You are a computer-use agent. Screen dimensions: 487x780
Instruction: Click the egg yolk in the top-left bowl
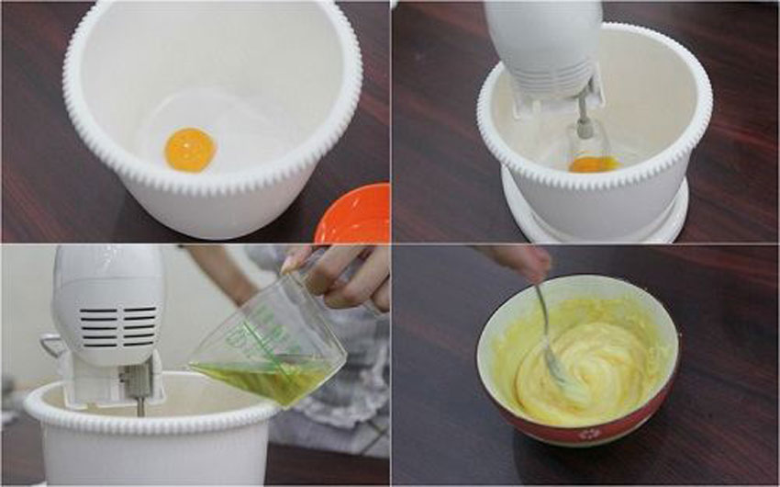point(190,150)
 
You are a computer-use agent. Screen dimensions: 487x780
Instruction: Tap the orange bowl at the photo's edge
point(356,213)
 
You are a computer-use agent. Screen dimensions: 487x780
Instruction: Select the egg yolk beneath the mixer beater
point(593,164)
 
